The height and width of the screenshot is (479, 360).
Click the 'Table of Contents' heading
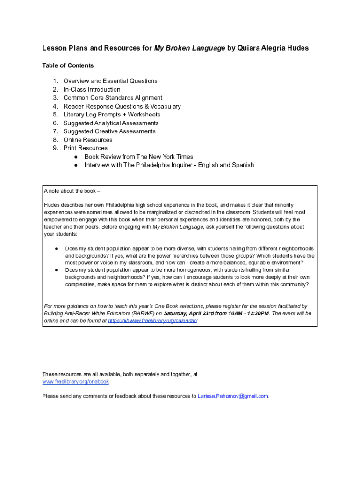68,65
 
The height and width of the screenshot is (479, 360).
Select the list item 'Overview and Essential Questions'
110,81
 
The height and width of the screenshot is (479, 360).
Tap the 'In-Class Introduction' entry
92,89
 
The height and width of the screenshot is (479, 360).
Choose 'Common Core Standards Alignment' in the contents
113,98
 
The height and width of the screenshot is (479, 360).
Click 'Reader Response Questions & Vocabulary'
122,106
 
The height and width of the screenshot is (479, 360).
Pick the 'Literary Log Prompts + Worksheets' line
112,115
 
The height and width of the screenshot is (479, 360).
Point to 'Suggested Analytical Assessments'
111,123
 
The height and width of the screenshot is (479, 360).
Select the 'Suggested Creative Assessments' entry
109,131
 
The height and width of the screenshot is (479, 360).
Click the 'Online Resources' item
88,140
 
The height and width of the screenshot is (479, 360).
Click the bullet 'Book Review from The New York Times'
138,157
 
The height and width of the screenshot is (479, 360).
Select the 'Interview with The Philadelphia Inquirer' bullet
169,165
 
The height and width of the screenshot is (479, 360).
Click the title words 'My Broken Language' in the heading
189,48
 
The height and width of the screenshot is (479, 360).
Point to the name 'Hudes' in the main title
298,48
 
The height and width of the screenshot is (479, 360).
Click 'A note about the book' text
72,191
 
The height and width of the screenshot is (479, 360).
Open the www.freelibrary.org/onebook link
75,382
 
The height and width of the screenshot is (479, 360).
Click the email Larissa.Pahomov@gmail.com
233,396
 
